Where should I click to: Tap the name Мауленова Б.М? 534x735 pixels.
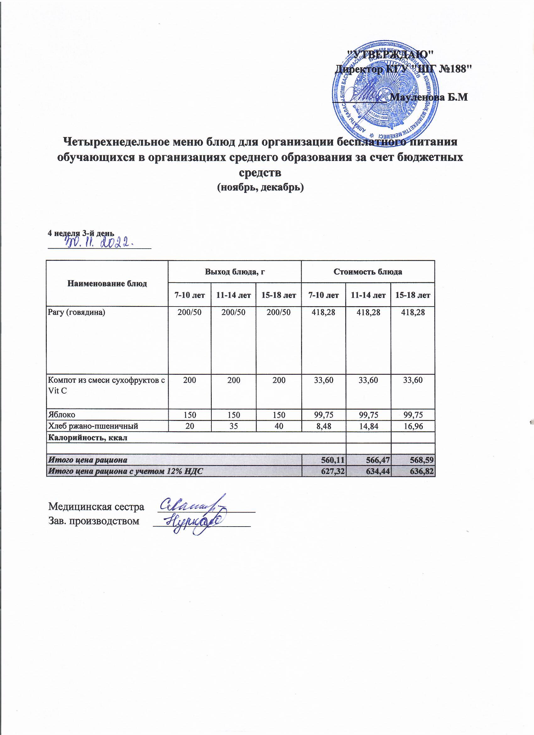click(429, 97)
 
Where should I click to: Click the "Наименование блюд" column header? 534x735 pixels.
click(107, 284)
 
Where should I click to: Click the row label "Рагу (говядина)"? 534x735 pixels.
click(77, 313)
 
